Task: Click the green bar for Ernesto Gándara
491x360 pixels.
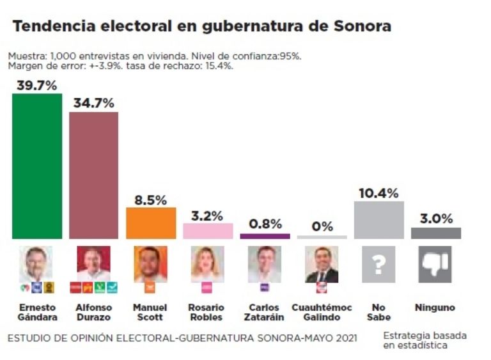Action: pos(37,166)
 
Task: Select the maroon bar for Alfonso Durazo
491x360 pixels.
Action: pos(93,175)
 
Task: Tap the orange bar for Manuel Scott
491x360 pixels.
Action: pos(151,223)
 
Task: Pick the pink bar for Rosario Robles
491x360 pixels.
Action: pos(208,231)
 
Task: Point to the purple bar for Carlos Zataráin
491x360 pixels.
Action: pos(265,236)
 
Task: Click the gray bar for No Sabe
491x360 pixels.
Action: pos(378,220)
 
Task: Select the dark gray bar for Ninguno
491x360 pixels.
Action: pos(435,233)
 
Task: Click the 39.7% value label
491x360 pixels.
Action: pos(36,85)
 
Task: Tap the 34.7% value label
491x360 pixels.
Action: pos(93,103)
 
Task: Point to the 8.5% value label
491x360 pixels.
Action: pos(151,199)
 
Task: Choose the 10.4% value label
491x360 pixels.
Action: pos(378,192)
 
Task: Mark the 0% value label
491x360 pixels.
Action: pos(322,226)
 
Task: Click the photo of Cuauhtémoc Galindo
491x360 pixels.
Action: pos(322,265)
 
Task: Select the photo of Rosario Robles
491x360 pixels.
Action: pos(208,264)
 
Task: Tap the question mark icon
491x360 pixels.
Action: pos(378,265)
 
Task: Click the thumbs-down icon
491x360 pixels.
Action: pos(435,265)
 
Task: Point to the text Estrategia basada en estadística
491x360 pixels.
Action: pos(425,340)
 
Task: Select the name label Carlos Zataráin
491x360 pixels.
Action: pos(265,312)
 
